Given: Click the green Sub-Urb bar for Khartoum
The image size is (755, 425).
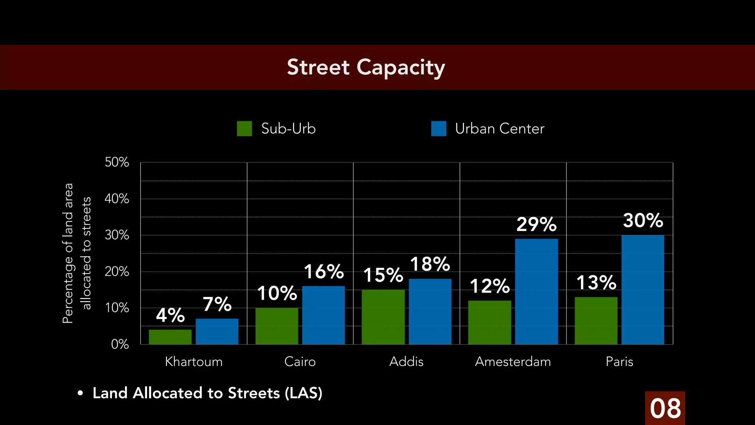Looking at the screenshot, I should [x=170, y=337].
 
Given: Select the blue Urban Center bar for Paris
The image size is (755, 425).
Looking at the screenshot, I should [x=643, y=290].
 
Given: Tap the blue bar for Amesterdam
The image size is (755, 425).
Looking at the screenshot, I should [x=536, y=291].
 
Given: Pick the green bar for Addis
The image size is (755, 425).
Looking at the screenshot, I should [x=383, y=317].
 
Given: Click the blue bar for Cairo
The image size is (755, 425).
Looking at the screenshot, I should [x=323, y=315].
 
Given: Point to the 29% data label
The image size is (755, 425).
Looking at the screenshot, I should [x=536, y=224].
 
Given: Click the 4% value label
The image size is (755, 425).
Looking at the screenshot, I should [x=170, y=315].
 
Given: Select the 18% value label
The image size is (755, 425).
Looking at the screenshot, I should [x=430, y=264].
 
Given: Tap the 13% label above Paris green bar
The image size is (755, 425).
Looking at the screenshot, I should [x=596, y=283].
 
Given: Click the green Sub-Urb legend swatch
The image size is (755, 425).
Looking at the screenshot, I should [x=244, y=129].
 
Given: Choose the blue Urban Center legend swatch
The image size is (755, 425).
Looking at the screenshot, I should [x=438, y=129].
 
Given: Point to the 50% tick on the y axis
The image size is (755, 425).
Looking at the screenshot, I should [x=117, y=162].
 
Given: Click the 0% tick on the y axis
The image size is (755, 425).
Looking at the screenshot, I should [x=120, y=344].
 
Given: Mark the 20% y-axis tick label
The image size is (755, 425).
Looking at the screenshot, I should [x=117, y=272].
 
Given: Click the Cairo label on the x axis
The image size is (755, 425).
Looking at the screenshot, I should [x=300, y=362].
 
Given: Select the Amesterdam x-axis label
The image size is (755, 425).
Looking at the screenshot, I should [x=513, y=362].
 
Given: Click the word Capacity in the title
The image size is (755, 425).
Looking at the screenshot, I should [x=401, y=68].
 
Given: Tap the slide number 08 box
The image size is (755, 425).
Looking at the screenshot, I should [x=665, y=408].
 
